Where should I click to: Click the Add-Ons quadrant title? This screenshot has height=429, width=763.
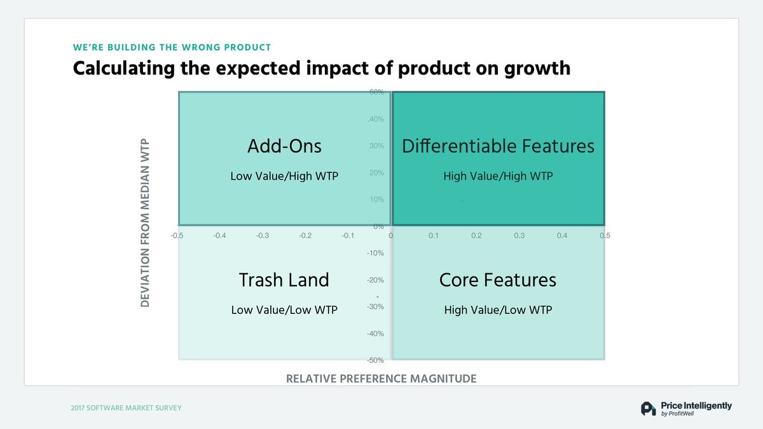[x=284, y=146]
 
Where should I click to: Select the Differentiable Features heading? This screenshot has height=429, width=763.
[x=498, y=146]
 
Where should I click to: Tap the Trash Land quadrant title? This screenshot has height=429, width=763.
[x=284, y=280]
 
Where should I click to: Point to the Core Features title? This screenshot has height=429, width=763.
[x=498, y=280]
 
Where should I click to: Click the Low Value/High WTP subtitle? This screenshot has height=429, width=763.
[x=284, y=176]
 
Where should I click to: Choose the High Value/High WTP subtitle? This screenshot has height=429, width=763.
[x=498, y=176]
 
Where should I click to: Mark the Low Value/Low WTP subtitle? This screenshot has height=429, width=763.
[x=284, y=310]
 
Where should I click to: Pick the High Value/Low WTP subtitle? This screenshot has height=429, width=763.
[x=498, y=310]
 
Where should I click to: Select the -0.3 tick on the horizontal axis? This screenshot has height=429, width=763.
[x=262, y=236]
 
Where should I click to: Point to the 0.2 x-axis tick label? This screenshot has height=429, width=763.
[x=476, y=236]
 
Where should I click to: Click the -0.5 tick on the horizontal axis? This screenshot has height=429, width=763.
[x=177, y=236]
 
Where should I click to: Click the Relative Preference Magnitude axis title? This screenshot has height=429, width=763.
[x=381, y=379]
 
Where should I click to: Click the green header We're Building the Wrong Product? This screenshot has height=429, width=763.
[x=172, y=48]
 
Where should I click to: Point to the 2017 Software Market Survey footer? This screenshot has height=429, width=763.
[x=126, y=407]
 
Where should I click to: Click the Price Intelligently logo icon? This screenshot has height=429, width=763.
[x=648, y=409]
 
